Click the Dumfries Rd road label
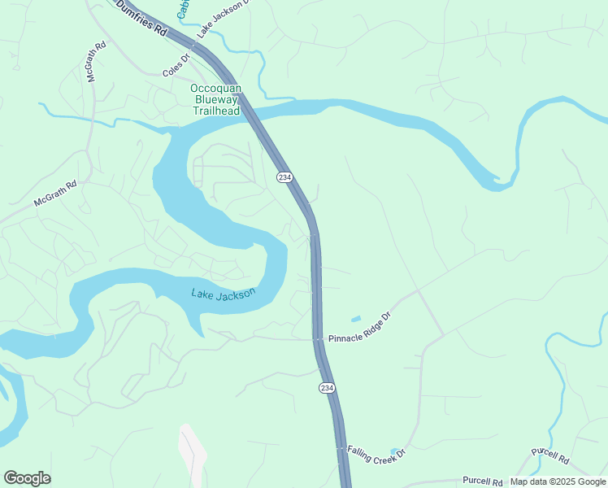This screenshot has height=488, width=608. (141, 19)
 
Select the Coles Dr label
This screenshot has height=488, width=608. (176, 71)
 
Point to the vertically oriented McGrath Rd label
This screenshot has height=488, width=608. (91, 63)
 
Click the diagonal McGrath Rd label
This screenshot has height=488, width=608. (55, 194)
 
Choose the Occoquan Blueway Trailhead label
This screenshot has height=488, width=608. (216, 99)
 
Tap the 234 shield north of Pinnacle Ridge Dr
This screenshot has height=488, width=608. (284, 177)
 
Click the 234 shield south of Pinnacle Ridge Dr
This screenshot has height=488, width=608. (326, 388)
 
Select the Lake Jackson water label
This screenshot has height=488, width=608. (224, 294)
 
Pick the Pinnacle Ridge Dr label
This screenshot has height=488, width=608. (360, 327)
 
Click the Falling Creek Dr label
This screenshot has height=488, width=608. (376, 455)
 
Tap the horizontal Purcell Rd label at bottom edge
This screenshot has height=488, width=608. (484, 481)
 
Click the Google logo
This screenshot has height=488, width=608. (27, 478)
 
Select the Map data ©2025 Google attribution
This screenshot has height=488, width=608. (558, 481)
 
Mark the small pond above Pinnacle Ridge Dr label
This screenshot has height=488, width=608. (356, 318)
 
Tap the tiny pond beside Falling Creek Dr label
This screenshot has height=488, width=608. (395, 451)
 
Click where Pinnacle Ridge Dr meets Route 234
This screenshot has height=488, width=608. (317, 338)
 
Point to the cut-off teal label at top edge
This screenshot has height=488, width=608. (184, 8)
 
